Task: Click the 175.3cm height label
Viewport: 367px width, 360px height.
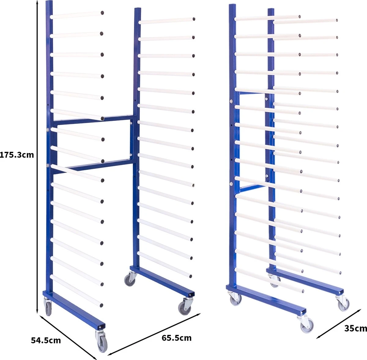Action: click(17, 155)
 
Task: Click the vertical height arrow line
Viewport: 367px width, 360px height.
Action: click(38, 156)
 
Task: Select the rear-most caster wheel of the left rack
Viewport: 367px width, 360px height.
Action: click(130, 279)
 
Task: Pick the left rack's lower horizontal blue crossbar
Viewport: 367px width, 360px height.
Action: click(93, 167)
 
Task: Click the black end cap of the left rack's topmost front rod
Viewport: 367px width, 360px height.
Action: click(102, 13)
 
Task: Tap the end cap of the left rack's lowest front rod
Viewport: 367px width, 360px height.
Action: click(101, 305)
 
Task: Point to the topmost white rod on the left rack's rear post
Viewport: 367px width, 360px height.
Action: click(166, 21)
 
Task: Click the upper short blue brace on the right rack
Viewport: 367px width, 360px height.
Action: click(252, 93)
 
